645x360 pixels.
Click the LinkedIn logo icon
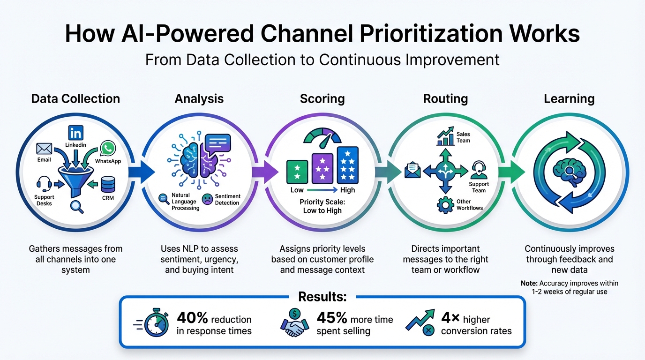click(75, 132)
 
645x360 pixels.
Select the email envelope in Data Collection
click(44, 149)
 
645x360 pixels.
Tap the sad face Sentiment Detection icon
click(207, 199)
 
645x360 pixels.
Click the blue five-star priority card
click(348, 165)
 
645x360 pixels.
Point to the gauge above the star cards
click(322, 135)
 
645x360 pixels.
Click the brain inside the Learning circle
click(570, 171)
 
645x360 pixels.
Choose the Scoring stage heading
click(322, 99)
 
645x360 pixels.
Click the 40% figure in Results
click(192, 319)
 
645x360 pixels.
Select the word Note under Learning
click(529, 283)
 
